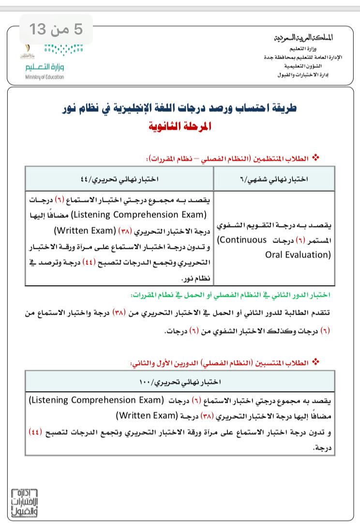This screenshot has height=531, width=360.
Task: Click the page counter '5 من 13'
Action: point(56,29)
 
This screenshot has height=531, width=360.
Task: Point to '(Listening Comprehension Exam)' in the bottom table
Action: point(94,400)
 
